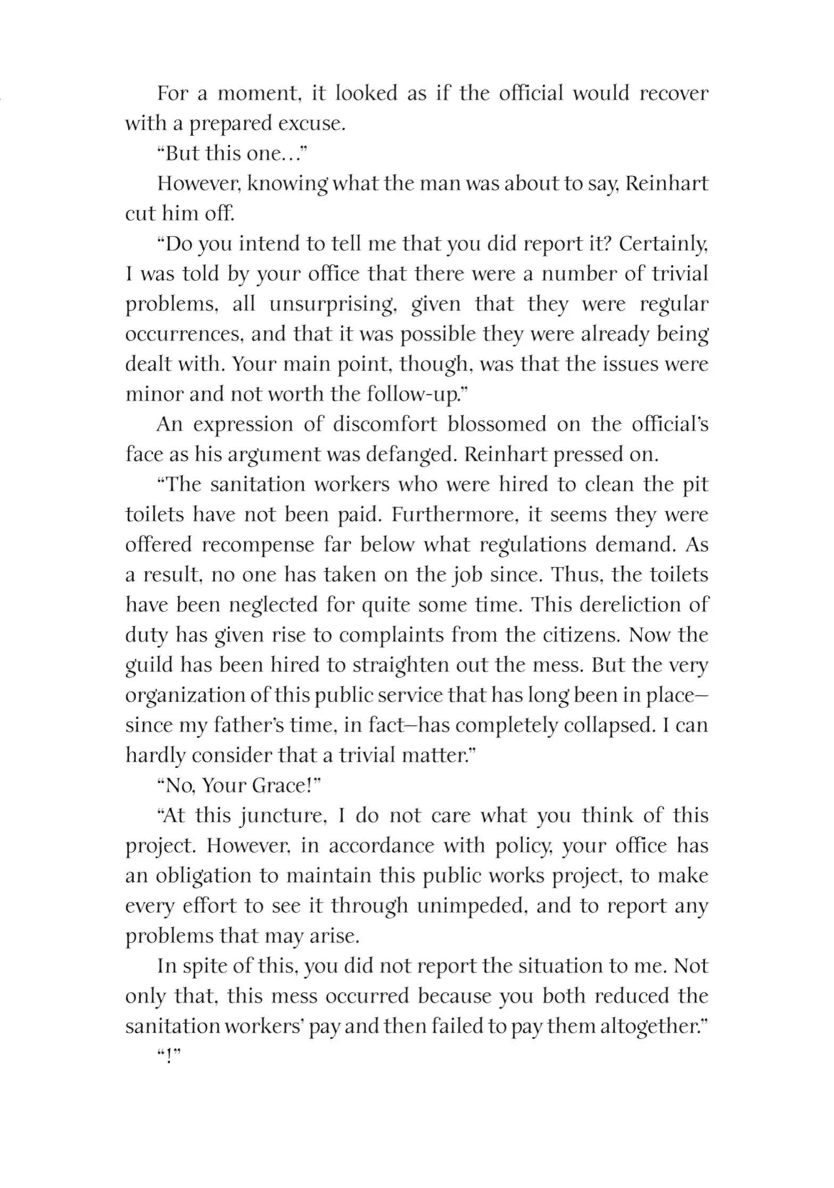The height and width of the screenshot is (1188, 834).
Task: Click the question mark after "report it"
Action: coord(606,244)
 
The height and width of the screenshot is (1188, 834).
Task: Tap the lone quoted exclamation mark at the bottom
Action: coord(169,1057)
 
